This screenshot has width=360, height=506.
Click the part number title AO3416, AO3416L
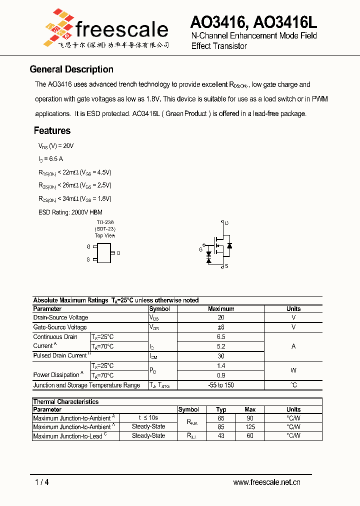click(253, 22)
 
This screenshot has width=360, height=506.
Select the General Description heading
click(71, 69)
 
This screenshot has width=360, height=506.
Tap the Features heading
click(52, 131)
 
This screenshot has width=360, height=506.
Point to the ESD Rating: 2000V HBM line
click(70, 212)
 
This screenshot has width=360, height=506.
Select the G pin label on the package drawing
click(88, 246)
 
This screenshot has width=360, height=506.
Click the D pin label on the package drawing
click(118, 253)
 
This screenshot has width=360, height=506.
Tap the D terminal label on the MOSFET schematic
click(226, 223)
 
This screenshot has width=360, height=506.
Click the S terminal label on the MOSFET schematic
click(226, 266)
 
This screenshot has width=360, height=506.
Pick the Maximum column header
click(221, 309)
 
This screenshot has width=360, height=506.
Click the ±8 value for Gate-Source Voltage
click(221, 327)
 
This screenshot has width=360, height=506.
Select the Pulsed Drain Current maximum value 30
click(221, 356)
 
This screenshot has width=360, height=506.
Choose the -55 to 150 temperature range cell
click(221, 385)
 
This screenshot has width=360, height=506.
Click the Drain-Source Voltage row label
click(60, 317)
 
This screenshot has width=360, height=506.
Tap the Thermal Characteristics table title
click(66, 401)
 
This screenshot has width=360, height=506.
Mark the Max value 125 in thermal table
click(250, 427)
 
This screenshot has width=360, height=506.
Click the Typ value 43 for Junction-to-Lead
click(221, 436)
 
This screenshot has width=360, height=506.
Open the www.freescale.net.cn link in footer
click(266, 482)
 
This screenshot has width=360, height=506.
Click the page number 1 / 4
click(42, 482)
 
